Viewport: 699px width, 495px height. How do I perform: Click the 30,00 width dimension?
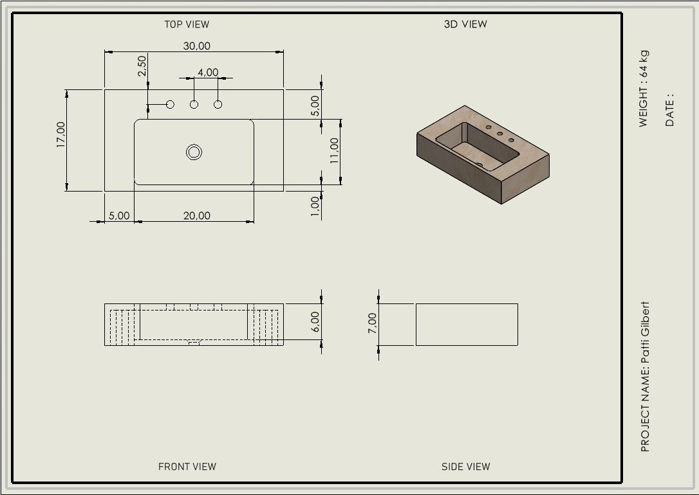[x=196, y=46]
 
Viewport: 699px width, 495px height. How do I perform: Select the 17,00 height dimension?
[x=61, y=134]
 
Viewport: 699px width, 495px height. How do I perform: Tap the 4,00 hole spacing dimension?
[x=208, y=72]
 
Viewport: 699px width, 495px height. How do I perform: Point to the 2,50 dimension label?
[x=142, y=66]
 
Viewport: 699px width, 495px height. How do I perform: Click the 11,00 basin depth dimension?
[x=334, y=150]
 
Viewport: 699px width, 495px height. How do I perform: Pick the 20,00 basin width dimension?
[x=196, y=215]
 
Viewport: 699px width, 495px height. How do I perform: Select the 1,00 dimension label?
[x=315, y=206]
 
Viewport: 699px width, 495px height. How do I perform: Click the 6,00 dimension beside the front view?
[x=315, y=322]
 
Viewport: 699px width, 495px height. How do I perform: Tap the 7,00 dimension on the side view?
[x=372, y=323]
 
